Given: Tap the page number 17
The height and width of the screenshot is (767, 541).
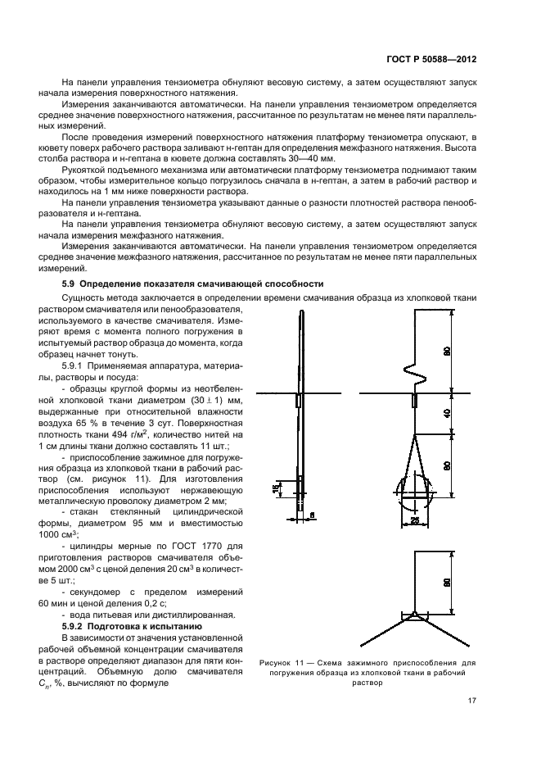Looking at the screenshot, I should click(472, 701).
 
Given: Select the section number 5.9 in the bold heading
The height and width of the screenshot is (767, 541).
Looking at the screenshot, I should click(70, 284).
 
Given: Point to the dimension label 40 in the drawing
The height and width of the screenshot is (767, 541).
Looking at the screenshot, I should click(447, 413).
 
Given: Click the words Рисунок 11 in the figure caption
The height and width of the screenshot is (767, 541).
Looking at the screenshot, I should click(282, 661).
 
